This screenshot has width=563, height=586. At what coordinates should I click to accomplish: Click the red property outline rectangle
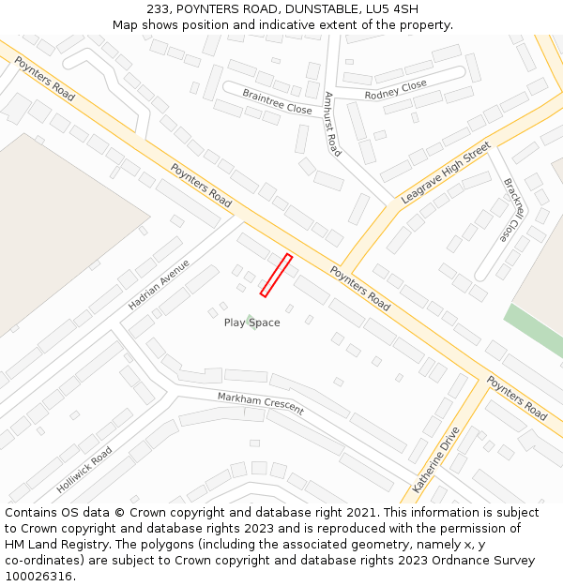(x=276, y=276)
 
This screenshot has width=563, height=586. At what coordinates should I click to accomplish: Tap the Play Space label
(x=251, y=323)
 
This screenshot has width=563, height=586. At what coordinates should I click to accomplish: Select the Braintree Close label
(x=277, y=101)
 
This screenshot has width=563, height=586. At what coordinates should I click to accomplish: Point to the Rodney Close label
(x=395, y=89)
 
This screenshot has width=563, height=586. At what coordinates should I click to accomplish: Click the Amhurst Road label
(x=332, y=124)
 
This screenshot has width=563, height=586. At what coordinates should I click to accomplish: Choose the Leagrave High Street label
(x=446, y=173)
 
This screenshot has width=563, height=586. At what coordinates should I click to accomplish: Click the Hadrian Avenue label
(x=159, y=285)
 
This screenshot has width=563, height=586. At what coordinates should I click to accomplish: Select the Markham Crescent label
(x=261, y=403)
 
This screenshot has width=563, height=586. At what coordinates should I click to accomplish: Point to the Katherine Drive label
(x=437, y=459)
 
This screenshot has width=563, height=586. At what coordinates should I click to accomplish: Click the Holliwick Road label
(x=84, y=470)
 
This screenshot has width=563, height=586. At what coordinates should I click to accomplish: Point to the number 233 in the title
(x=158, y=9)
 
